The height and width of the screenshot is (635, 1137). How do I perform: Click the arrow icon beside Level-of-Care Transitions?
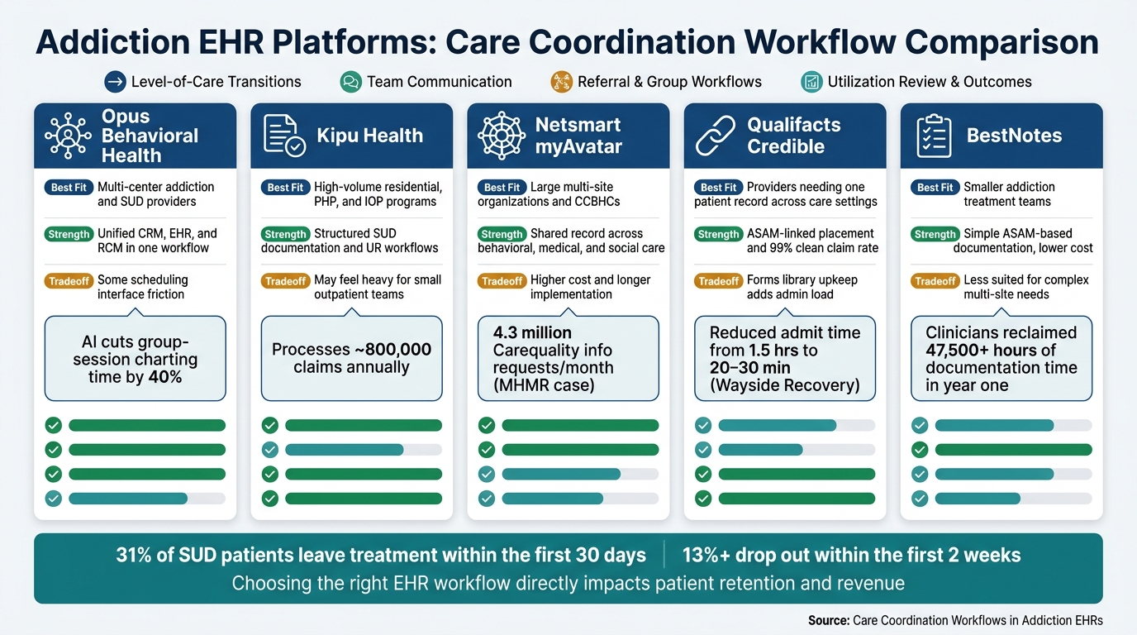click(115, 82)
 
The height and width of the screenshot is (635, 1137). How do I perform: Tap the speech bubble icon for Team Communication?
click(350, 82)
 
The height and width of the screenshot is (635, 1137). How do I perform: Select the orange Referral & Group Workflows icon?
click(561, 82)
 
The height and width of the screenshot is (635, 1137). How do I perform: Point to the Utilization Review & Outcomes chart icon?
click(811, 82)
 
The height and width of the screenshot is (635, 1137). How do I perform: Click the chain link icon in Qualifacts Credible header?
click(716, 135)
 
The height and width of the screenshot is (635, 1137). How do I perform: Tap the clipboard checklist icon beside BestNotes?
click(934, 136)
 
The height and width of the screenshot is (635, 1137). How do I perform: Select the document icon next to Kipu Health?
click(284, 135)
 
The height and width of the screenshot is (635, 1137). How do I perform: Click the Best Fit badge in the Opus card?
click(69, 188)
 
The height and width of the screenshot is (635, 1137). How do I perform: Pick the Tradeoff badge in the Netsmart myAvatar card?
click(502, 281)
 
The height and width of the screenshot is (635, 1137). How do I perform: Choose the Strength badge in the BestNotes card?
click(935, 234)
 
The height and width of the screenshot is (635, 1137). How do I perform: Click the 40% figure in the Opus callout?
click(165, 377)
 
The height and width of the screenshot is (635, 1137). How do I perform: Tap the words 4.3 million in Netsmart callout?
click(532, 332)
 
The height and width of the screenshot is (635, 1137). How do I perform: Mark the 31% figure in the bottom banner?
click(134, 556)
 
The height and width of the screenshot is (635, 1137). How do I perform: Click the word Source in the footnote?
click(829, 620)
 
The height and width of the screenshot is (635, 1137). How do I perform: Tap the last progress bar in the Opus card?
click(147, 499)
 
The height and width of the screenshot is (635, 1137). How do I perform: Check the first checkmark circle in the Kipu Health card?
click(270, 425)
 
